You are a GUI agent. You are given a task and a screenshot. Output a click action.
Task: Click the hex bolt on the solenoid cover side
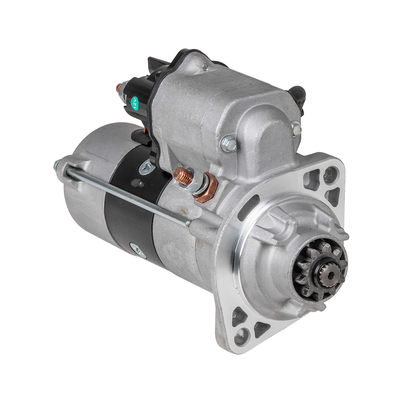[229, 143]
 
